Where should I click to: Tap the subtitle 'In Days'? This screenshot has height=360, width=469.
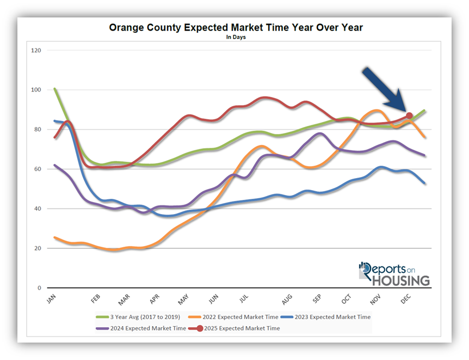tap(235, 37)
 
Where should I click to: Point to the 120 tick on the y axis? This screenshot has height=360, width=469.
tap(37, 50)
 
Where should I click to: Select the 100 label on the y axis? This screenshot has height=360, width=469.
tap(37, 90)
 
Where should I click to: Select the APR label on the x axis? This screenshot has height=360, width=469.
tap(153, 299)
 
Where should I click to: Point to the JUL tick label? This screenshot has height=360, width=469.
tap(243, 299)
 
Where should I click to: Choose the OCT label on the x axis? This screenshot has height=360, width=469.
tap(346, 299)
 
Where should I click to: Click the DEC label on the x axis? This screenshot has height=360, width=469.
tap(406, 299)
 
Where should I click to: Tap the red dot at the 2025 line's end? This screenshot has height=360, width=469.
tap(409, 115)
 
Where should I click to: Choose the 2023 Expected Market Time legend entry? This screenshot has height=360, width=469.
tap(330, 316)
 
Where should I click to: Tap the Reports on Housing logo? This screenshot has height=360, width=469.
tap(394, 274)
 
